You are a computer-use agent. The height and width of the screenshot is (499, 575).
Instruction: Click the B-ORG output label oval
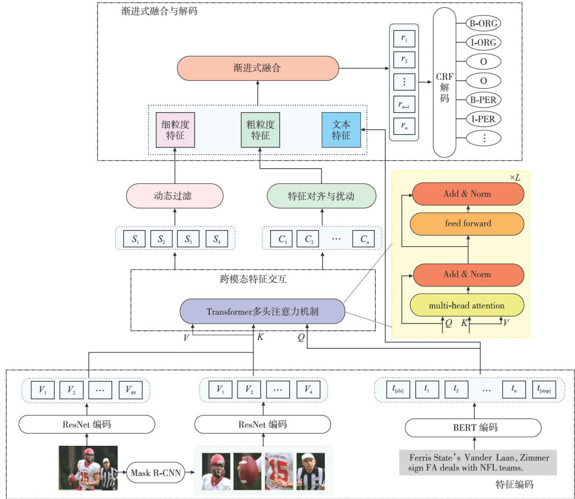[483, 23]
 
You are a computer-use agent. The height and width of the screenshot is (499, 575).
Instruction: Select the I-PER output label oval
[483, 119]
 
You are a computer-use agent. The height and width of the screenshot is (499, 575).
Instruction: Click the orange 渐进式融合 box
[258, 68]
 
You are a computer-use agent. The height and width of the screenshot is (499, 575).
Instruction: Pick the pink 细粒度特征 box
[175, 130]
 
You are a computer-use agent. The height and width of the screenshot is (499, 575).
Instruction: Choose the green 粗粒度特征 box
[260, 130]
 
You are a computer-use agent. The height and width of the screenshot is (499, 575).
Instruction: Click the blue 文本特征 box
[341, 130]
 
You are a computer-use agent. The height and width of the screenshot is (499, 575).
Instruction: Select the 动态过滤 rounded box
[175, 196]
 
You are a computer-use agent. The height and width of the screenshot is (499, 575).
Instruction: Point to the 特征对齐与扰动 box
[322, 196]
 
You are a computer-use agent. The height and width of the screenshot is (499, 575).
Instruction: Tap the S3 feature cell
[189, 239]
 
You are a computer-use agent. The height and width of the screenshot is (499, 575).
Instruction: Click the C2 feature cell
[309, 239]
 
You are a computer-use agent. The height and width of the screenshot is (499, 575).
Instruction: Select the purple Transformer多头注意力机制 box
[262, 312]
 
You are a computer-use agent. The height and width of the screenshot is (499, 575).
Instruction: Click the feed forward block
[467, 223]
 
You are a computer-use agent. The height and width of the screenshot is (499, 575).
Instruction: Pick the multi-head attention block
[467, 306]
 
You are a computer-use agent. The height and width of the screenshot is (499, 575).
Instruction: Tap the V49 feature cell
[130, 390]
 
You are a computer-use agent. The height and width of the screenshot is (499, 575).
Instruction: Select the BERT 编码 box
[473, 428]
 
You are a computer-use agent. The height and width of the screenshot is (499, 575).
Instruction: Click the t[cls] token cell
[398, 390]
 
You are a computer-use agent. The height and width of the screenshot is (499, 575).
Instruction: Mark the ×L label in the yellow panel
[515, 178]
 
